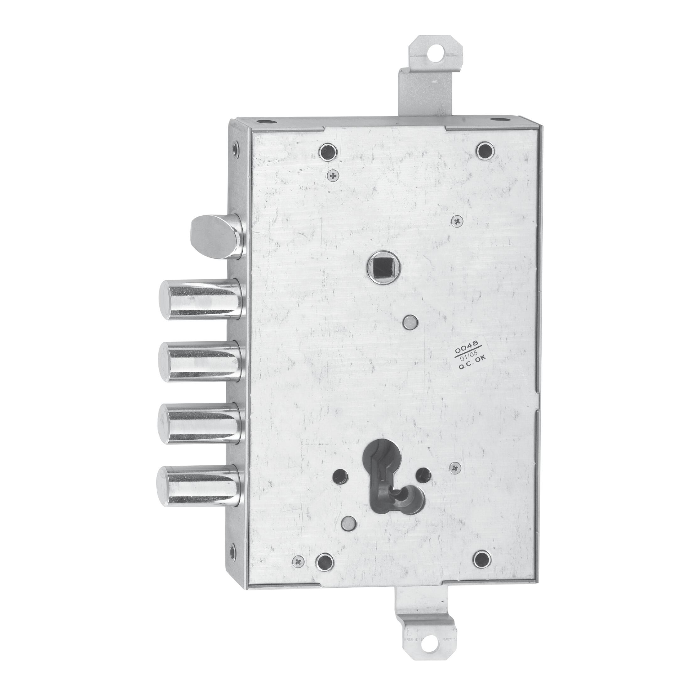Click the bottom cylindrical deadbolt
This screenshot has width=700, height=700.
pos(198,486)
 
